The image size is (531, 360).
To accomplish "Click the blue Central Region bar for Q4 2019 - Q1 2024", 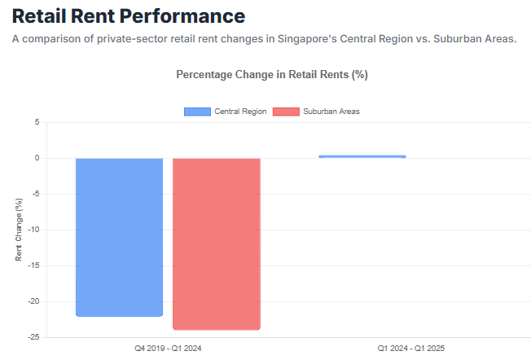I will (120, 236).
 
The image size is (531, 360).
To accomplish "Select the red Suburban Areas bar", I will (217, 244).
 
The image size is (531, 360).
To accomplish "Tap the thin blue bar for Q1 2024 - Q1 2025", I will (362, 156).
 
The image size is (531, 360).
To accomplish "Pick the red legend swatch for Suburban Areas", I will (286, 112).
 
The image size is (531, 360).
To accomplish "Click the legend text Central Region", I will (239, 112).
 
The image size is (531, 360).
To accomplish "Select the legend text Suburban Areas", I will (331, 112).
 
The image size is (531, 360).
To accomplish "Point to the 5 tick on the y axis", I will (36, 122).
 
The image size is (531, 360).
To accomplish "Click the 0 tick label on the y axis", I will (36, 158).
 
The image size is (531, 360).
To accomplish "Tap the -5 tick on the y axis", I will (34, 194).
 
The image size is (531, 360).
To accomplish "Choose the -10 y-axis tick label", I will (33, 230).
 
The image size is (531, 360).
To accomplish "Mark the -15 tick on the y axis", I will (33, 266).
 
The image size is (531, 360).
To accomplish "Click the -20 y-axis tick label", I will (33, 301).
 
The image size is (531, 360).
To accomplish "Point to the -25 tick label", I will (33, 336).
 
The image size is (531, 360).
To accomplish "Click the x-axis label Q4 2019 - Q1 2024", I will (168, 349).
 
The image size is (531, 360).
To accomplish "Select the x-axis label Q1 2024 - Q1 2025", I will (410, 349).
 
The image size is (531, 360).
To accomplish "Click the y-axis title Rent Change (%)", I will (19, 230).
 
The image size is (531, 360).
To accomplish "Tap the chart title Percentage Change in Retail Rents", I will (272, 74).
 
